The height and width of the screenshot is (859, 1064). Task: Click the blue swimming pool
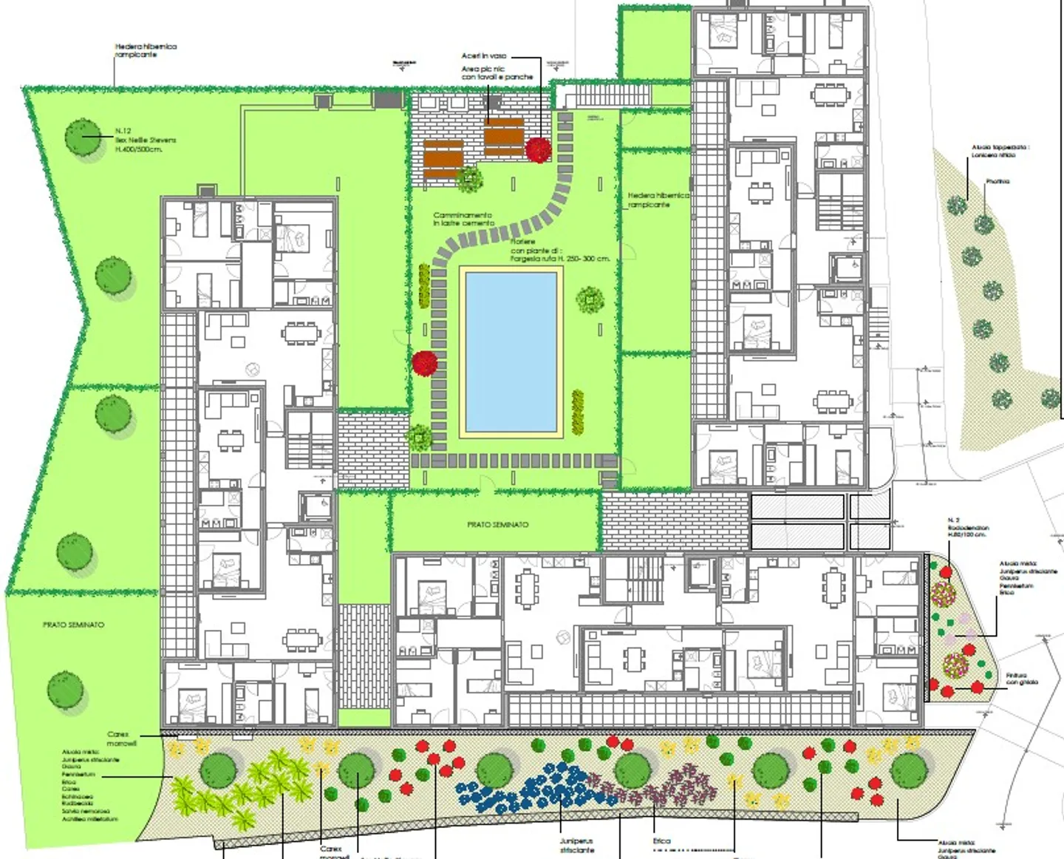point(511,352)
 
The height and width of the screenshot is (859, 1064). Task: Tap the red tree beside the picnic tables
point(539,149)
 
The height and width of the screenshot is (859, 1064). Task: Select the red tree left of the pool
point(425,363)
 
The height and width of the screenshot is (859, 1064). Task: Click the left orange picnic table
point(443,156)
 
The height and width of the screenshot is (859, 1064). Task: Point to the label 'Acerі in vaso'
point(484,56)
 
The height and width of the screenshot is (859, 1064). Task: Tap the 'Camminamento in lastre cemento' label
point(463,219)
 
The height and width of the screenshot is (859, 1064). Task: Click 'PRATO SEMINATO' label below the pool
point(497,524)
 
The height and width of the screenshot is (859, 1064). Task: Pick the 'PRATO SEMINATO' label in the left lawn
point(73,625)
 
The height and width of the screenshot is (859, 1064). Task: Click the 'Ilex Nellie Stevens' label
point(146,140)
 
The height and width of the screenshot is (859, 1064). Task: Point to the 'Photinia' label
point(997,181)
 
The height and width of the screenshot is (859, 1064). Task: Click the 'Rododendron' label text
point(968,527)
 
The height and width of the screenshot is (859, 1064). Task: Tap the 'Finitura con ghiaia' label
point(1022,679)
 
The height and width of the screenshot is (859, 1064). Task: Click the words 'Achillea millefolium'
point(89,818)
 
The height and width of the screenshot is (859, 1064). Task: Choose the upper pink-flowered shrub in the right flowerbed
point(942,594)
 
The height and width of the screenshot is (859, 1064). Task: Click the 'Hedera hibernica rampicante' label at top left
point(146,50)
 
